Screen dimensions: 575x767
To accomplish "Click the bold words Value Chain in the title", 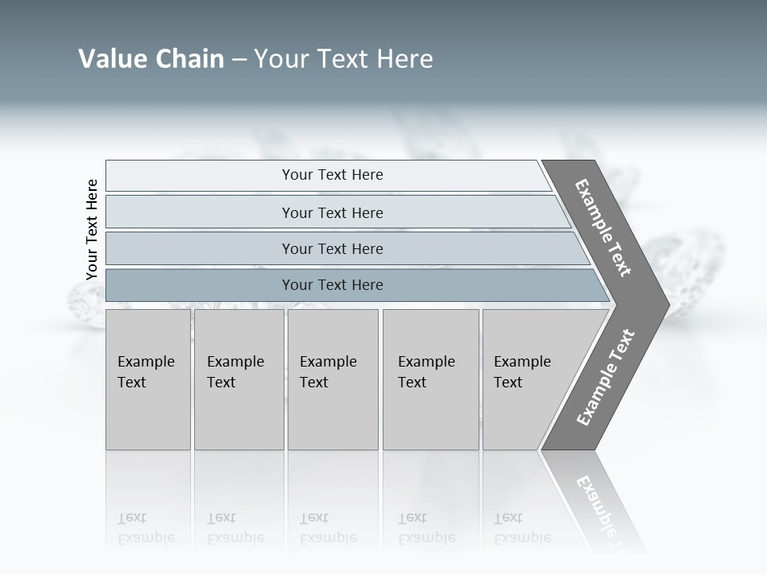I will [151, 59].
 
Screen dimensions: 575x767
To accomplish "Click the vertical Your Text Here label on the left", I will [92, 229].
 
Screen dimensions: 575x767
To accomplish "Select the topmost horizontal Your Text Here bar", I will [332, 175].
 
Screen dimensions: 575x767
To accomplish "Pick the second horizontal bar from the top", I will [332, 212].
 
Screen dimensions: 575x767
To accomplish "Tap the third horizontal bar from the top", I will [332, 248].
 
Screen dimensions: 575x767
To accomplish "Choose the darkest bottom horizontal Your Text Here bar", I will [332, 285].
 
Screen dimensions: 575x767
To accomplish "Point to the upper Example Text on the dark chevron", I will [603, 228].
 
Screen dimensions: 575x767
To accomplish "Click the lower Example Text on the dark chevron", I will [605, 378].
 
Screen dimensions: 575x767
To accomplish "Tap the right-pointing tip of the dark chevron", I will [665, 304].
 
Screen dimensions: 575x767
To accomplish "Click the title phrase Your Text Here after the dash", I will [344, 59].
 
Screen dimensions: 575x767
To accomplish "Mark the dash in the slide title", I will [239, 59].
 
